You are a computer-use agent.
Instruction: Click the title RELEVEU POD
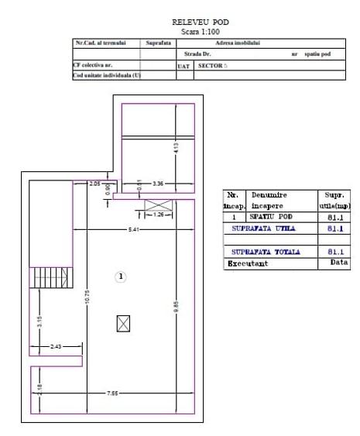pyautogui.click(x=189, y=22)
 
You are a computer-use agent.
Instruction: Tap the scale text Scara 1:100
pyautogui.click(x=189, y=33)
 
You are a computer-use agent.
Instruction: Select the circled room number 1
pyautogui.click(x=121, y=276)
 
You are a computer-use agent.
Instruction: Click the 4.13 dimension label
pyautogui.click(x=177, y=147)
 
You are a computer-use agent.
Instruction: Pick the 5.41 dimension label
pyautogui.click(x=134, y=230)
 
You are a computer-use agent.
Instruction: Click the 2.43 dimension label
pyautogui.click(x=56, y=346)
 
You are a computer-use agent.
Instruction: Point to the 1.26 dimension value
pyautogui.click(x=159, y=215)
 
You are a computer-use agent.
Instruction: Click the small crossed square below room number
pyautogui.click(x=122, y=324)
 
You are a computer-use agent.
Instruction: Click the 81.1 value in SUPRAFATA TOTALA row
pyautogui.click(x=334, y=252)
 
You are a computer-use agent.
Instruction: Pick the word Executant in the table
pyautogui.click(x=247, y=263)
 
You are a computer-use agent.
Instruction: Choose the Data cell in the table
pyautogui.click(x=338, y=263)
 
